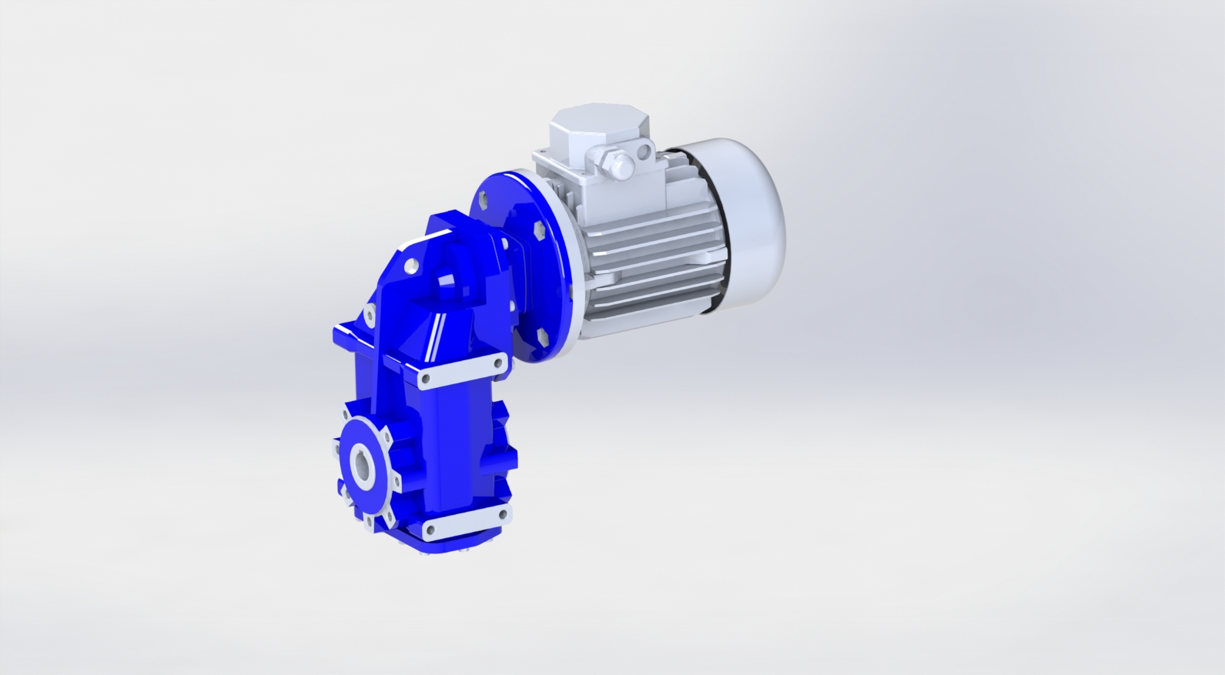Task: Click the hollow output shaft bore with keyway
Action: click(363, 466)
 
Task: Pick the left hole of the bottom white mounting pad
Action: click(428, 531)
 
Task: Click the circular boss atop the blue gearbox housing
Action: click(449, 285)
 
